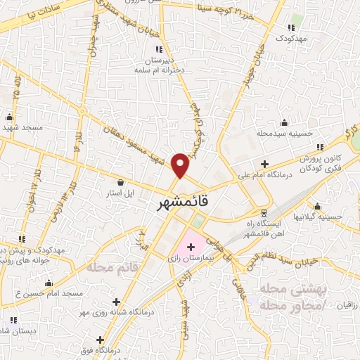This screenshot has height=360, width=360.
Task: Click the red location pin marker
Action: (181, 166)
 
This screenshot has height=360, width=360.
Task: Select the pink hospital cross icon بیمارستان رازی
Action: (191, 247)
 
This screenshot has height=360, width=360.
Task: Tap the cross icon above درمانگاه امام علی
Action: (264, 164)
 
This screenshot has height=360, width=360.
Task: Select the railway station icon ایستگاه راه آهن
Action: (264, 212)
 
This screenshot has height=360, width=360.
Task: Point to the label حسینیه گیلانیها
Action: (318, 217)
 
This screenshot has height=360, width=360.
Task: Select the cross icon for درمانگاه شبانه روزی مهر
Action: (117, 301)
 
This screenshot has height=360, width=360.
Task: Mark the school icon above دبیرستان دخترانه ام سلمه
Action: (158, 49)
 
